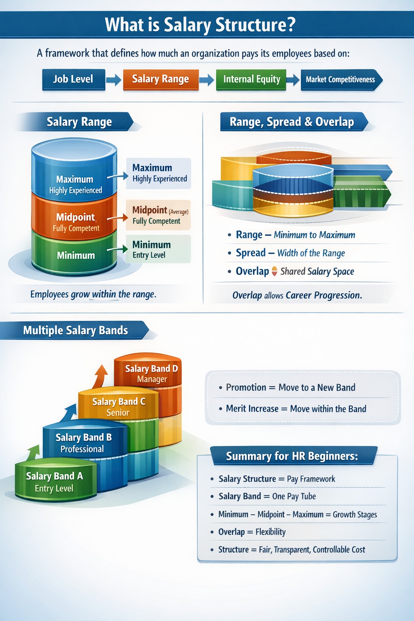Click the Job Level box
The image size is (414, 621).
[x=74, y=80]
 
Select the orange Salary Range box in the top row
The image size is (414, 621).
[x=161, y=80]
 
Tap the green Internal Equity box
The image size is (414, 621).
[x=251, y=80]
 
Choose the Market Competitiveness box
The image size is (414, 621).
[x=341, y=80]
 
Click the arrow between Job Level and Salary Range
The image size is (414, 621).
[x=114, y=80]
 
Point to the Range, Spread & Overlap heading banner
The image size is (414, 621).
[x=294, y=122]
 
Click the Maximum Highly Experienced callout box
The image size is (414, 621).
[x=158, y=173]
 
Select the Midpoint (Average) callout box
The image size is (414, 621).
[x=158, y=215]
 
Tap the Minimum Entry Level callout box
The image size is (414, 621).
[x=158, y=249]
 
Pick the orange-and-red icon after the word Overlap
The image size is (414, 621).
[x=274, y=271]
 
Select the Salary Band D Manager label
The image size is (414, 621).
[x=151, y=374]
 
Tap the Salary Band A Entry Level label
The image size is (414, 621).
[x=54, y=482]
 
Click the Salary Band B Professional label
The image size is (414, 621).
[x=83, y=443]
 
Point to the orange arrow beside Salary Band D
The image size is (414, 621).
[x=100, y=376]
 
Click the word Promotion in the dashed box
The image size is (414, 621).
[x=246, y=387]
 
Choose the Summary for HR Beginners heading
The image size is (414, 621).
[x=292, y=456]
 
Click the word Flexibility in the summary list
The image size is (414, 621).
[x=270, y=532]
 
